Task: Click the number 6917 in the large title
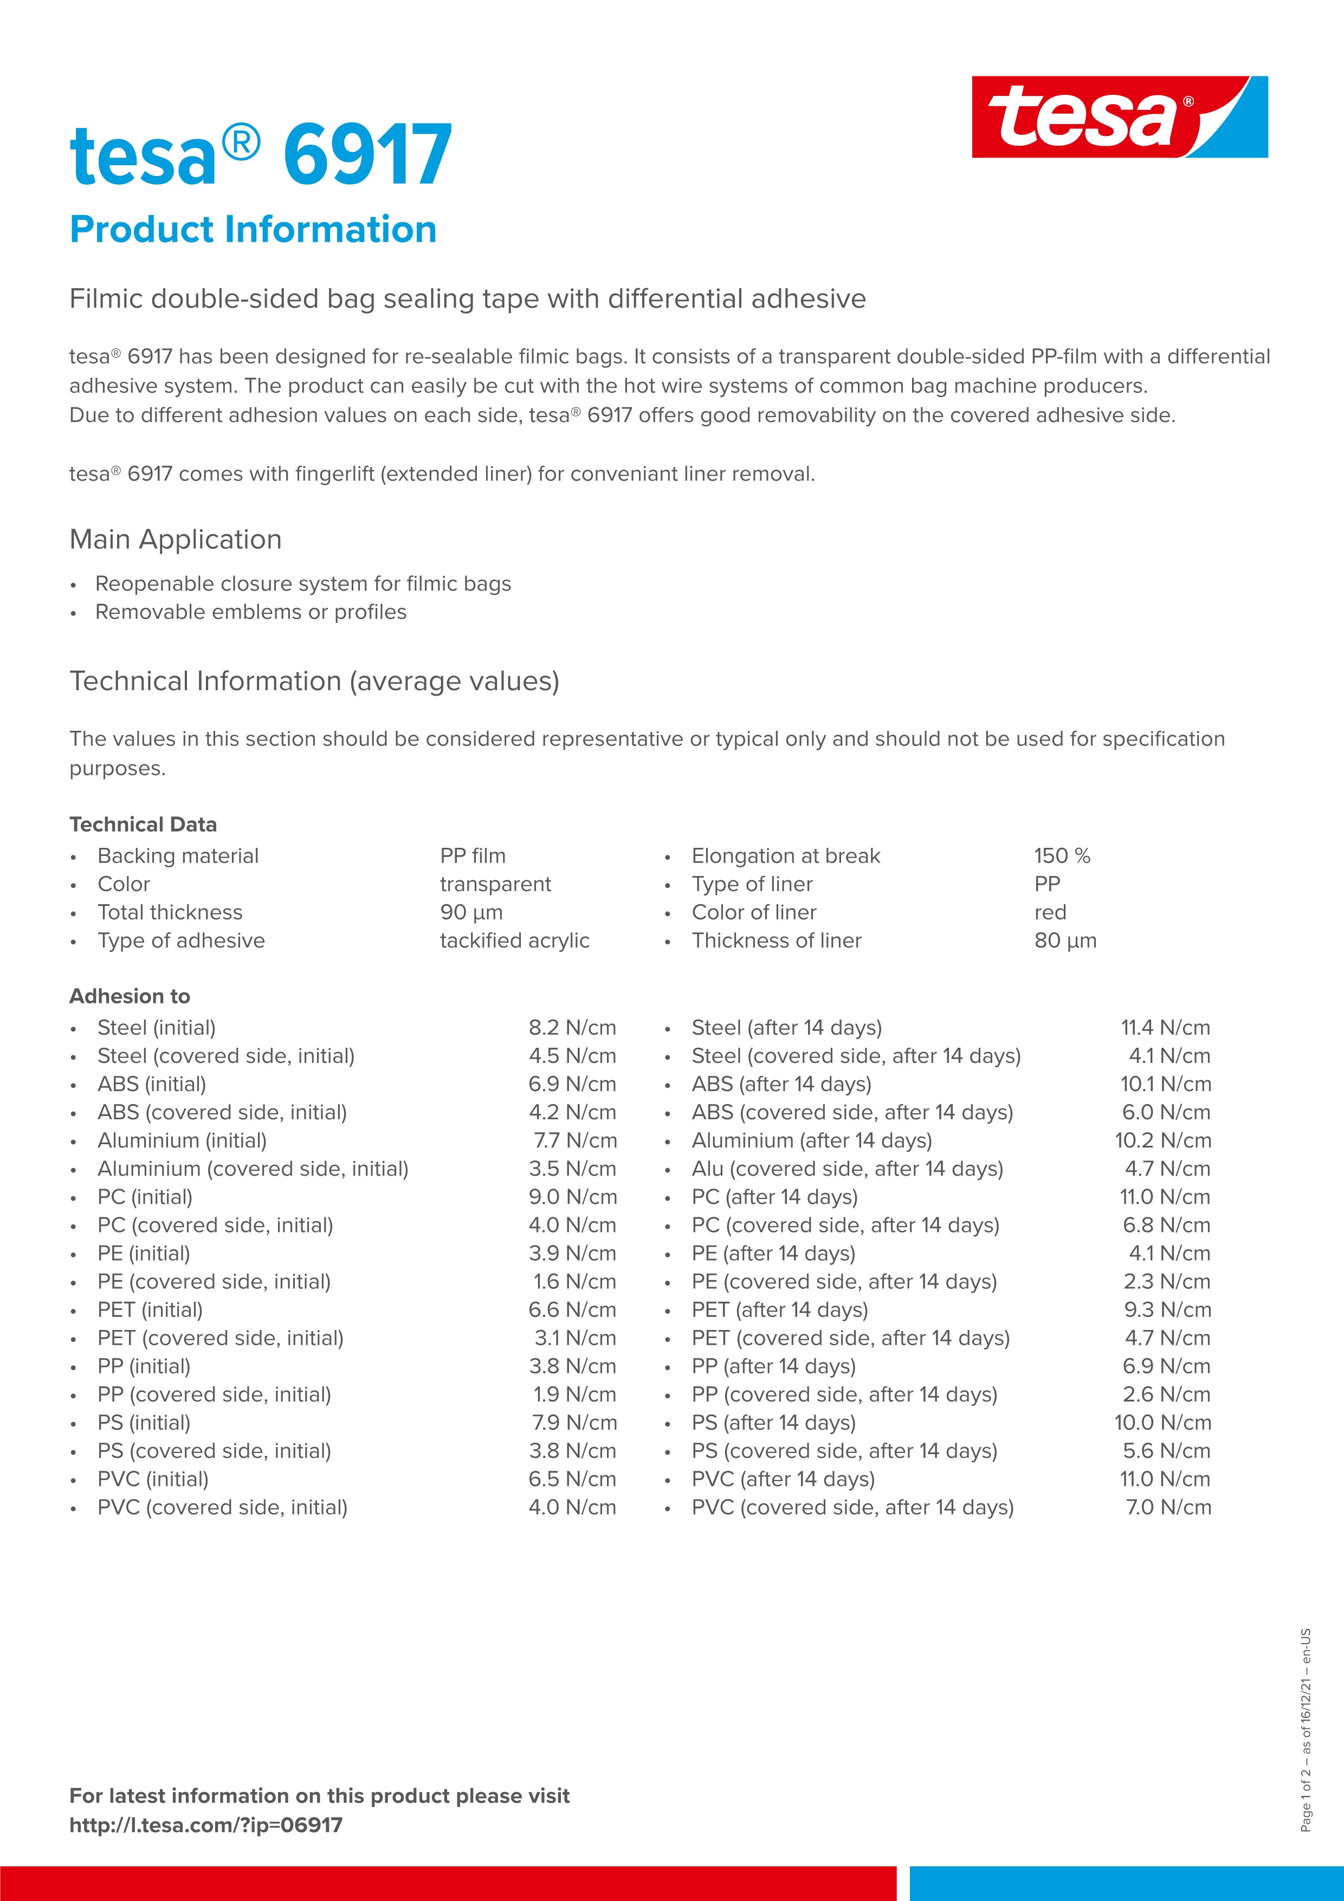click(367, 155)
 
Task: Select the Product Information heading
click(253, 229)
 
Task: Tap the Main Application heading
click(176, 539)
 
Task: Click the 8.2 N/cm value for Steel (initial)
click(572, 1028)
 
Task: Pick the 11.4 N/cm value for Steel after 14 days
click(1165, 1028)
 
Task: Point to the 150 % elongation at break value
click(1062, 855)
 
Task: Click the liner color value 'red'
click(1050, 912)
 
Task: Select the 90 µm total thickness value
click(471, 912)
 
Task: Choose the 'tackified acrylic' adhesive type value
click(514, 940)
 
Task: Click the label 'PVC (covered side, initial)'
click(222, 1507)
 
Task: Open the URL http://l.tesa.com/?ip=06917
click(205, 1825)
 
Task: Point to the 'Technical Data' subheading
click(143, 824)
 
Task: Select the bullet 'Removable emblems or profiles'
click(251, 612)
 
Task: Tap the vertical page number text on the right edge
click(1306, 1730)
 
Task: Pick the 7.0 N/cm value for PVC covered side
click(1168, 1507)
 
